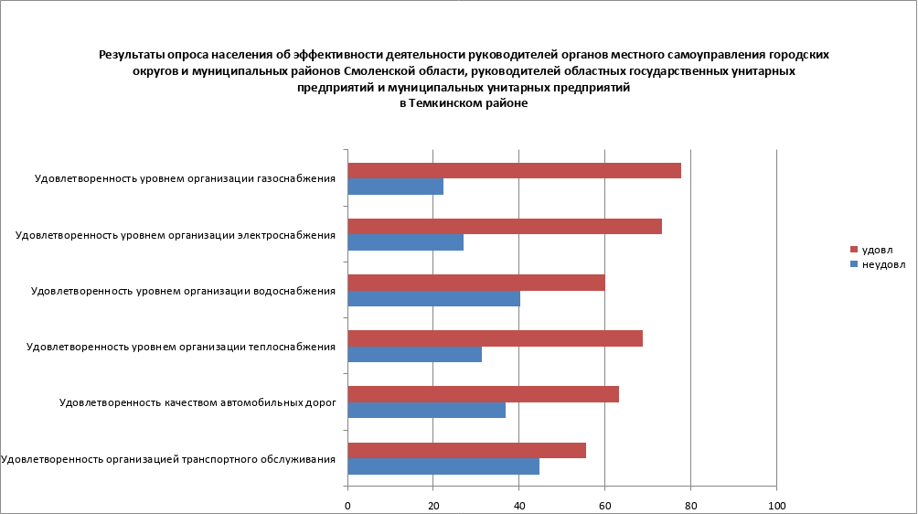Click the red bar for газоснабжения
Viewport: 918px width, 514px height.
coord(514,171)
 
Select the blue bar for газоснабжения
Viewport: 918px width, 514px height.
coord(396,187)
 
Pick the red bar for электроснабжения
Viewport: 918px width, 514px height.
coord(505,227)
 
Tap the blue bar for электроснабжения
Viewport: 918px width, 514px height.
coord(406,242)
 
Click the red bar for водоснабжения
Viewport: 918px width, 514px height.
coord(476,283)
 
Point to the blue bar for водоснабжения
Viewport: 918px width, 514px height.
coord(434,298)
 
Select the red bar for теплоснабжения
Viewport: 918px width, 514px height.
coord(495,338)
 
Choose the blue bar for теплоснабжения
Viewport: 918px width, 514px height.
coord(415,354)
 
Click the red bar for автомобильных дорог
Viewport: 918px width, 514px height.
coord(484,394)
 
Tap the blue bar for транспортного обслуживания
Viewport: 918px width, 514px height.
coord(443,466)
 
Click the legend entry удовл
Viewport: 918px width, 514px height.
coord(877,250)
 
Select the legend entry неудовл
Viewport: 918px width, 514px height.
coord(883,264)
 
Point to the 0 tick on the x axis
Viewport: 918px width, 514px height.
coord(348,506)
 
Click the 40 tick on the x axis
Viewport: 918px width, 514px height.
coord(519,506)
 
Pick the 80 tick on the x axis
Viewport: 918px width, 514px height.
coord(690,506)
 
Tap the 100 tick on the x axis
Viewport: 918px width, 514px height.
coord(776,506)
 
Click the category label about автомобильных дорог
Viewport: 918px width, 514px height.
coord(197,402)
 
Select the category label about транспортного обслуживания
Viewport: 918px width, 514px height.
coord(168,458)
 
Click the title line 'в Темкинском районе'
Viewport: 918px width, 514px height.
coord(464,104)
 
